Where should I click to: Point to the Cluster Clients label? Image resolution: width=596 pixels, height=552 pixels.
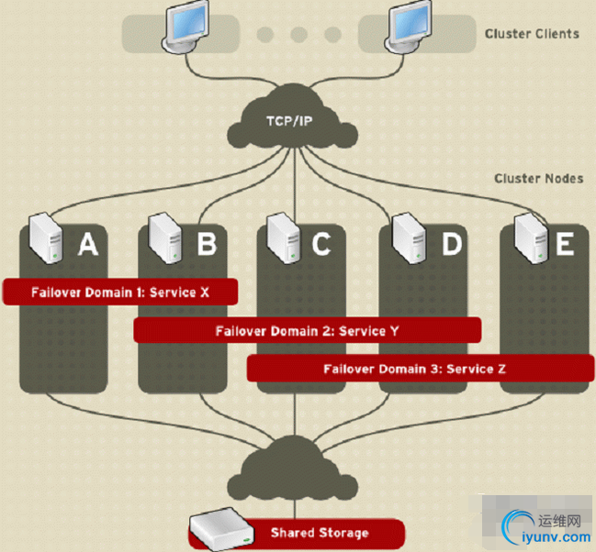click(532, 34)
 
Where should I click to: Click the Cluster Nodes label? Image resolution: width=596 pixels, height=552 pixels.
click(538, 179)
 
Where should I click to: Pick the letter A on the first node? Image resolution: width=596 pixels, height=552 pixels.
click(87, 244)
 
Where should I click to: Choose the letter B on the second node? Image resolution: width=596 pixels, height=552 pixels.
click(207, 244)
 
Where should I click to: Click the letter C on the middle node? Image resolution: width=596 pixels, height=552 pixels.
click(320, 244)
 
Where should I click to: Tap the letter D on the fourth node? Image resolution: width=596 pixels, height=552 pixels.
click(451, 244)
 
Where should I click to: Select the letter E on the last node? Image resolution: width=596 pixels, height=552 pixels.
click(564, 244)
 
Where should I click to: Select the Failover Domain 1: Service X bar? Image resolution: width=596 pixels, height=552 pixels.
click(120, 292)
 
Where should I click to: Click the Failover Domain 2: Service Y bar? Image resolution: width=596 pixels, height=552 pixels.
click(307, 330)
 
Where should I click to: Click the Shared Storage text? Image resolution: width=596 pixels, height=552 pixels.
click(320, 533)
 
